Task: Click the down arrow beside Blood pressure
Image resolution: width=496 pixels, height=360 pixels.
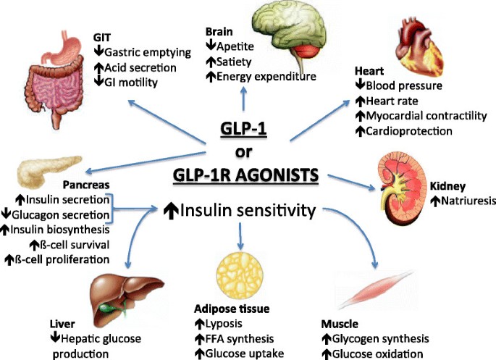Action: point(359,85)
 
